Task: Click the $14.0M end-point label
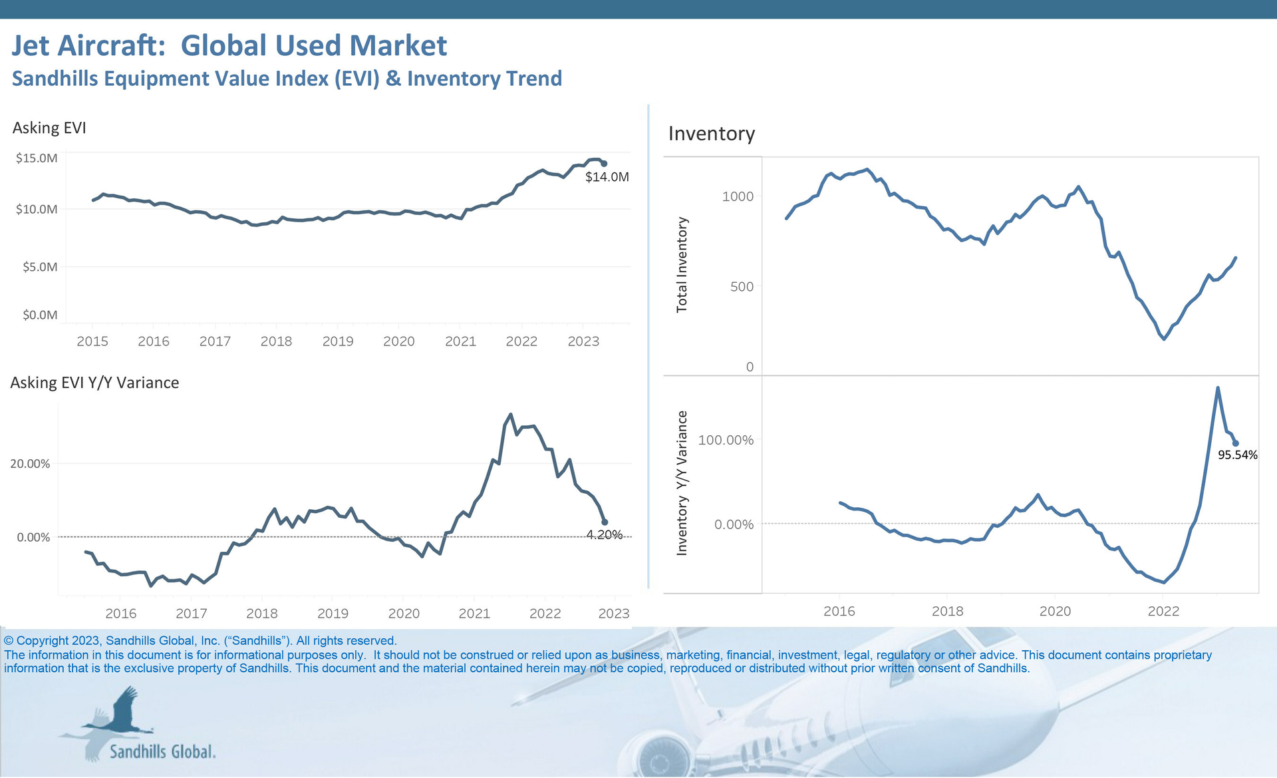coord(607,177)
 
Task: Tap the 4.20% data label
coord(604,534)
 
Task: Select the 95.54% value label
coord(1237,455)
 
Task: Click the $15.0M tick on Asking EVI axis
coord(37,158)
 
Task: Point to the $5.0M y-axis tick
coord(40,267)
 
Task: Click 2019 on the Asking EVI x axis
coord(338,341)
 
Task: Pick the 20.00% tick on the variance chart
coord(30,464)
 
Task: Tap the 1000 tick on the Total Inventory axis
coord(738,196)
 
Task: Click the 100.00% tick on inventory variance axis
coord(726,440)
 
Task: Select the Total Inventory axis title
coord(682,264)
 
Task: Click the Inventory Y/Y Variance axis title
coord(682,483)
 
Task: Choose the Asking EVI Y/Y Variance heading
coord(94,383)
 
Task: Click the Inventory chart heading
coord(711,134)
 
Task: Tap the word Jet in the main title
coord(31,46)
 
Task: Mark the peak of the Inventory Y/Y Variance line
coord(1217,388)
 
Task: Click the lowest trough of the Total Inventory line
coord(1164,339)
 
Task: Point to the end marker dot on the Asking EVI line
coord(604,164)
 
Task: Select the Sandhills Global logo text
coord(162,752)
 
